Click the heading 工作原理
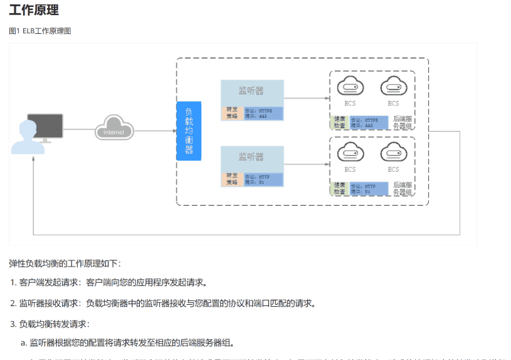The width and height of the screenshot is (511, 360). [34, 10]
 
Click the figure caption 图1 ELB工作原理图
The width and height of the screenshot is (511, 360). [40, 31]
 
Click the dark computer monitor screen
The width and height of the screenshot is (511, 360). [48, 124]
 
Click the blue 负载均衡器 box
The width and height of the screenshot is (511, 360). [189, 130]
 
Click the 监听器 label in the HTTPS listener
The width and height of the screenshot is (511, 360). [251, 91]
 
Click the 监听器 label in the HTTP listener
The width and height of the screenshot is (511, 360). [251, 157]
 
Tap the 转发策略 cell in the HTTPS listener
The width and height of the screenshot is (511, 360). [231, 114]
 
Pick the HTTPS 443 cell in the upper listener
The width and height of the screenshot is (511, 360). [263, 114]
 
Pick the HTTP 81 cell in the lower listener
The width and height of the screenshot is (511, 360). [263, 179]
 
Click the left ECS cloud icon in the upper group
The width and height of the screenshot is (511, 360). [350, 86]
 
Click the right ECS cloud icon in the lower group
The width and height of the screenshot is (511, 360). [393, 152]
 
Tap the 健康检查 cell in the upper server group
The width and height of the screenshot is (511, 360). [339, 122]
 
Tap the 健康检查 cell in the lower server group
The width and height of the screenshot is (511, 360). [339, 188]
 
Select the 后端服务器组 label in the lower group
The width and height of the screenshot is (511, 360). [402, 188]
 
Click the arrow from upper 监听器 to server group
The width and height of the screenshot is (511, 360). [307, 98]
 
